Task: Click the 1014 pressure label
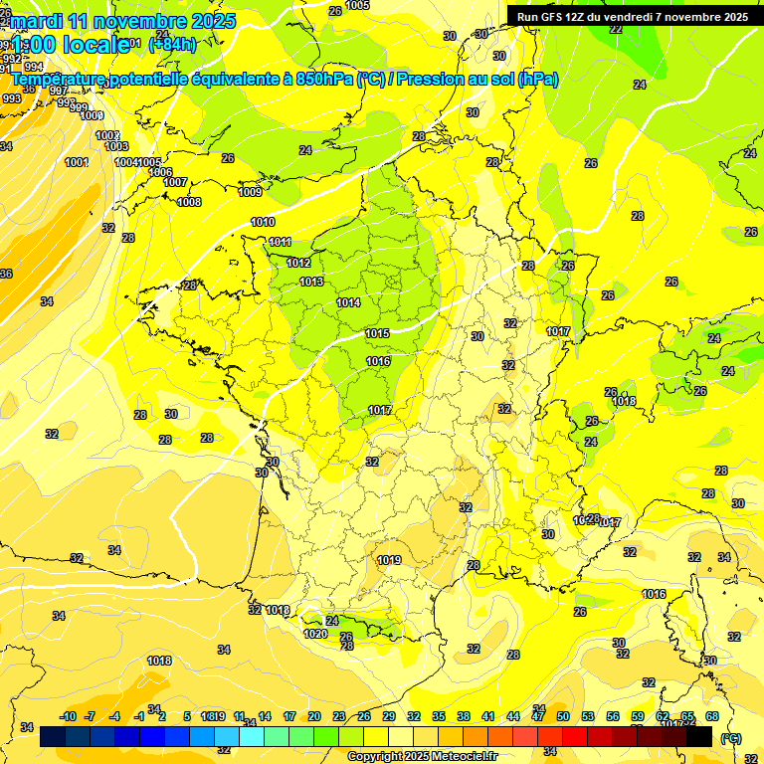tap(348, 302)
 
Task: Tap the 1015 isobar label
tap(377, 333)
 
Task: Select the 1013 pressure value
tap(311, 283)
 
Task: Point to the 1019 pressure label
tap(389, 560)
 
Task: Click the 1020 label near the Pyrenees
tap(315, 634)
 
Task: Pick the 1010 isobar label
tap(263, 223)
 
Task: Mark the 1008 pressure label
tap(189, 202)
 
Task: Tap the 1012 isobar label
tap(298, 263)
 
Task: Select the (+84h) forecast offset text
tap(172, 44)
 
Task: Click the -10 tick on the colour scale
tap(68, 716)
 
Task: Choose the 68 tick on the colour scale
tap(712, 716)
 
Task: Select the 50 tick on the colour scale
tap(563, 716)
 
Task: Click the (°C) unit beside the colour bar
tap(731, 738)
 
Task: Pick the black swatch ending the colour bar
tap(700, 737)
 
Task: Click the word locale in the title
tap(95, 44)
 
